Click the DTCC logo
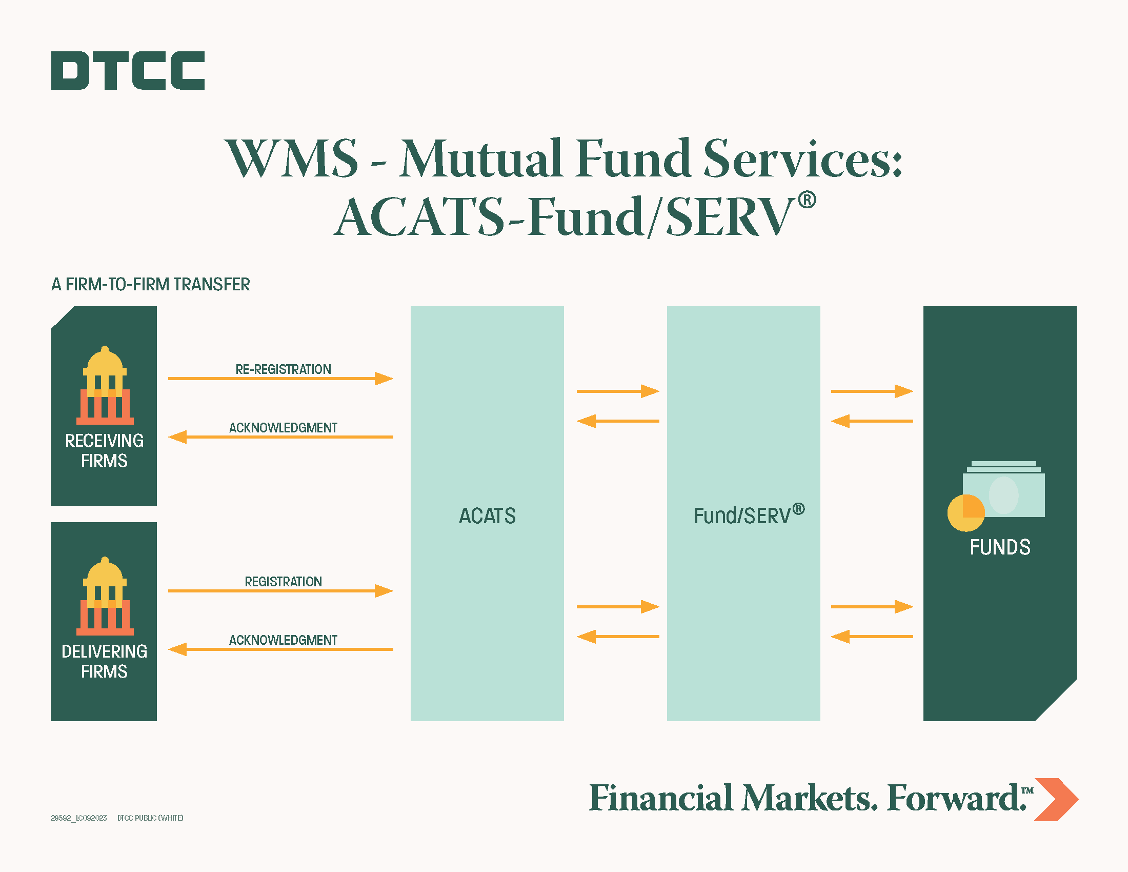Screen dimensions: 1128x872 128,70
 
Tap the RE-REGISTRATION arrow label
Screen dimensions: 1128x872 283,369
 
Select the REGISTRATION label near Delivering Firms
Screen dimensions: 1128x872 283,582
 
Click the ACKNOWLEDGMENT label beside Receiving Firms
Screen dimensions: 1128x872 283,428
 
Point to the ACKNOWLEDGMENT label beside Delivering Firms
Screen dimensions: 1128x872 283,640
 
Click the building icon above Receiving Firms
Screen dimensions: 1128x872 105,385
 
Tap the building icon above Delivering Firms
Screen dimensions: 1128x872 105,596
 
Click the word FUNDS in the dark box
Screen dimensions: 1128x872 1000,547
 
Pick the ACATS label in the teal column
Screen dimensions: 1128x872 487,516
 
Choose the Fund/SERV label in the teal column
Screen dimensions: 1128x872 749,514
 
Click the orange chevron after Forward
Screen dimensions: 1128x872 1056,799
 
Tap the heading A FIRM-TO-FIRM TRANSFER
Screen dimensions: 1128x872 150,284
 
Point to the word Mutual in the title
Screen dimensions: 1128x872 481,158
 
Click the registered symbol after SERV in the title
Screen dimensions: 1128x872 807,200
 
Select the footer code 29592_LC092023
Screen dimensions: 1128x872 78,818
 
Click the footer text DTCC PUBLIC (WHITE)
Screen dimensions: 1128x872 150,818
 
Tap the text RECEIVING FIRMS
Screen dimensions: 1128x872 104,450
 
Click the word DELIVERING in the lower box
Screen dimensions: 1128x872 104,651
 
